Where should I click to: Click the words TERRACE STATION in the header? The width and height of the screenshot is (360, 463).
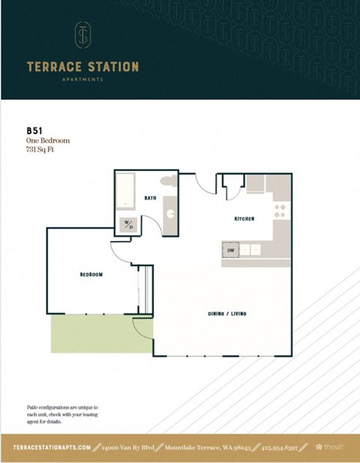point(82,66)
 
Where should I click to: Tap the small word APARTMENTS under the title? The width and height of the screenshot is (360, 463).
point(82,79)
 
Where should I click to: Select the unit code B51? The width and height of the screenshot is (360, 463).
point(34,129)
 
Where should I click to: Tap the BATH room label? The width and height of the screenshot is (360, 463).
point(150,198)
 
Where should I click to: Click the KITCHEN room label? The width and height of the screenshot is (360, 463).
point(244,218)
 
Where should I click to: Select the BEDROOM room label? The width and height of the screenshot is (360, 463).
point(91,275)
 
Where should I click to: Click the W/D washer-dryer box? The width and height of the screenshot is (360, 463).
point(127,224)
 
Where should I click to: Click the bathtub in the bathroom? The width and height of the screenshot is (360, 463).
point(126,193)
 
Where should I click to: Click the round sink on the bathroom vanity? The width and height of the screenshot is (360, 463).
point(171,212)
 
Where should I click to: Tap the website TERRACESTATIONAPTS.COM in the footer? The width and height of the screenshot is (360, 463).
point(52,447)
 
